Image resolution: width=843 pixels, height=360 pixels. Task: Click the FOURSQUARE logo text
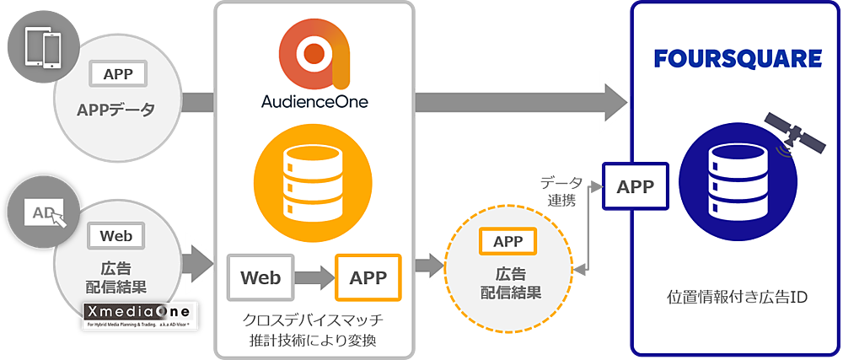(738, 58)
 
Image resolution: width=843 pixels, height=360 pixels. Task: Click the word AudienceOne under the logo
(314, 103)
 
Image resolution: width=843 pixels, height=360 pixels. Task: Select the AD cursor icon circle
(41, 214)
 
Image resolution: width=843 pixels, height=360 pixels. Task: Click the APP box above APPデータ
(118, 74)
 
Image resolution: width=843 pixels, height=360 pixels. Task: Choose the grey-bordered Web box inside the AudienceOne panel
(260, 277)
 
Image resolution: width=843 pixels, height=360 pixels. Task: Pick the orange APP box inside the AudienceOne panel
(368, 277)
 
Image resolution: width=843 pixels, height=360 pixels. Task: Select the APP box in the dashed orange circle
(507, 242)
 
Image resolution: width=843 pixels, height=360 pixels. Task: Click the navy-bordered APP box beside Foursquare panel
(634, 186)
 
